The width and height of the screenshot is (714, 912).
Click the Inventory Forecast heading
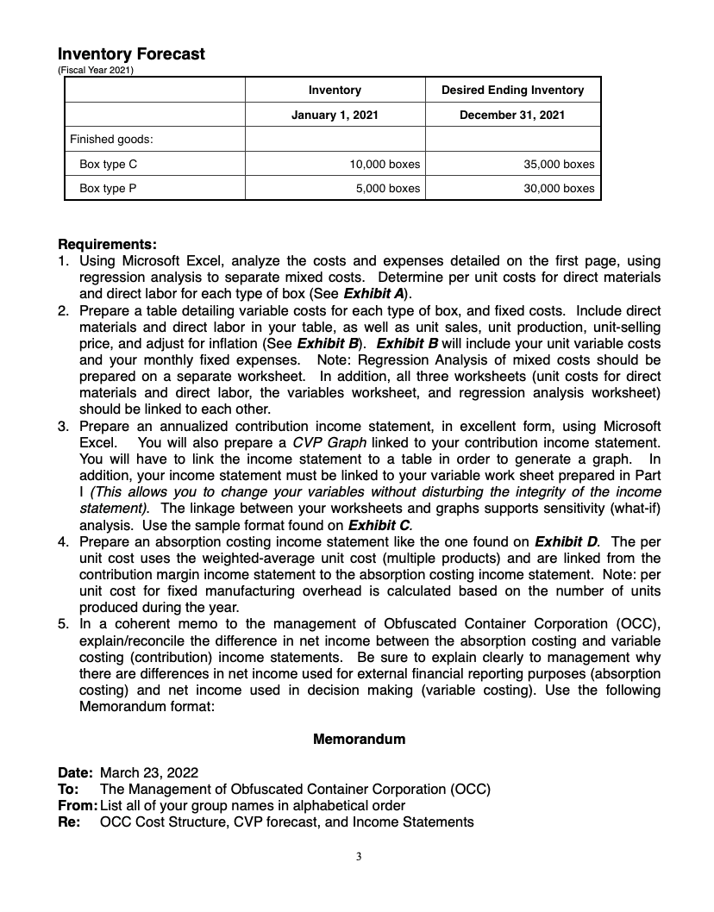(131, 54)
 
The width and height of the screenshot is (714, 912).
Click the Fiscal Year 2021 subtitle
(94, 70)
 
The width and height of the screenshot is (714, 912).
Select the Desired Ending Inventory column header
(512, 90)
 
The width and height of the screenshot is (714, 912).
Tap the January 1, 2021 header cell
(335, 115)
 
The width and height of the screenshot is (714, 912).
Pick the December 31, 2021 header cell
(512, 115)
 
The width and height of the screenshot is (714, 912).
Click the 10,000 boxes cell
(385, 164)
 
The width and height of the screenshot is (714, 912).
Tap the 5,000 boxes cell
(388, 188)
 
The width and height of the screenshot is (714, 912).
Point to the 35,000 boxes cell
(559, 164)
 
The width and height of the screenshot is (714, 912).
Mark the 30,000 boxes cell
(559, 188)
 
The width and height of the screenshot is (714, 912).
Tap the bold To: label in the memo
(68, 789)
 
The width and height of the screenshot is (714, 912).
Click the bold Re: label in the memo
(69, 821)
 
